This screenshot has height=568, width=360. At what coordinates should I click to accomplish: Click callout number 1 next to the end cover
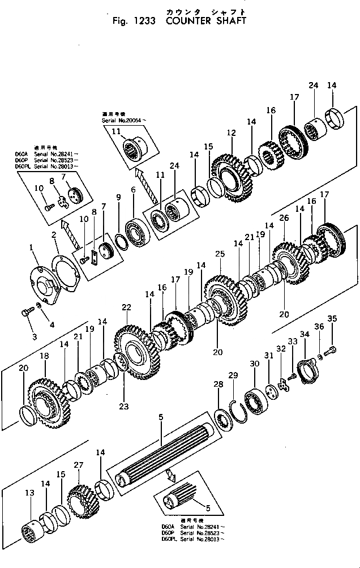coord(32,247)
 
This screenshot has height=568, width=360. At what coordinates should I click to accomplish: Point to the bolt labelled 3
coord(27,312)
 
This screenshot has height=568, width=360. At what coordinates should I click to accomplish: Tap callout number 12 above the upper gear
coord(231,133)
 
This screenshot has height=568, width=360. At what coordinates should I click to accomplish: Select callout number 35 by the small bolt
coord(332,319)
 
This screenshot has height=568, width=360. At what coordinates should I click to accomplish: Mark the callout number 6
coord(133,190)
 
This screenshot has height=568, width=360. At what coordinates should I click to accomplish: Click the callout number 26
coord(284,217)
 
